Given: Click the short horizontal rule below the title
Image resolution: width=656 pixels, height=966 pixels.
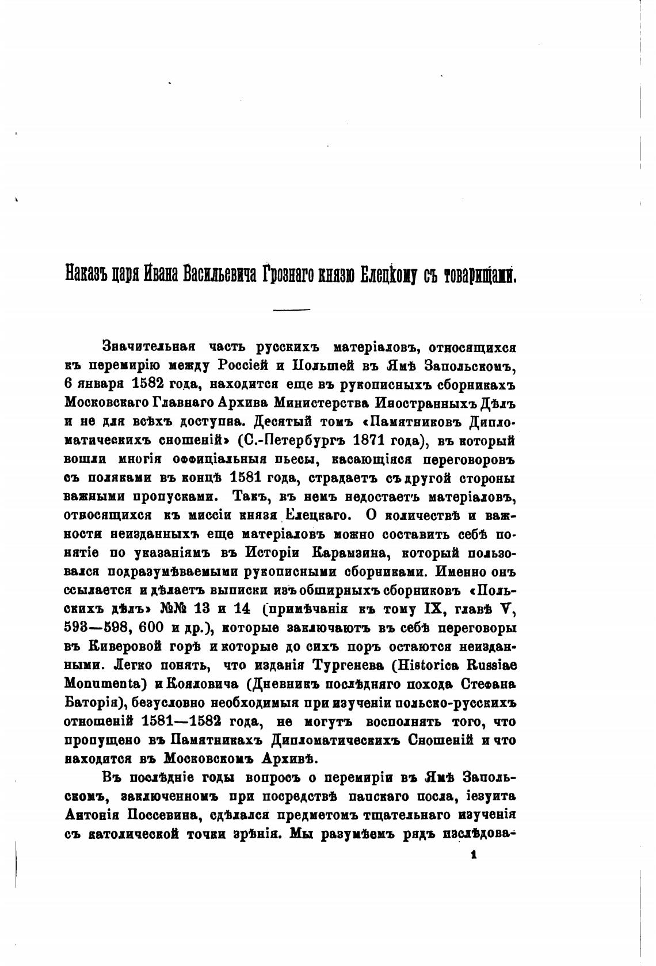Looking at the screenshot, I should point(291,310).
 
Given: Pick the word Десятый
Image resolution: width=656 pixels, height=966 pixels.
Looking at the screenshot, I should point(280,422).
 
